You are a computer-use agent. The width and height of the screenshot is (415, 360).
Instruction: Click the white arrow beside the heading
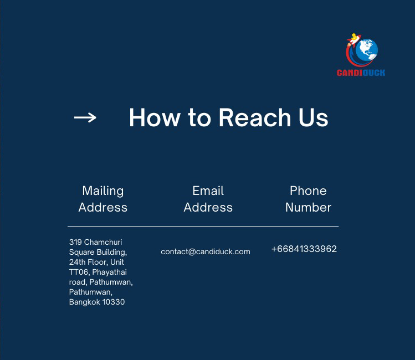(x=85, y=117)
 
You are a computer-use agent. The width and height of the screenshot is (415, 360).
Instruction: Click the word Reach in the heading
(x=255, y=117)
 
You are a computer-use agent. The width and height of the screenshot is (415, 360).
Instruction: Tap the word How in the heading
(x=155, y=117)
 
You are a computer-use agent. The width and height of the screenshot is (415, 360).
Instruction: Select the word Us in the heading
(x=314, y=118)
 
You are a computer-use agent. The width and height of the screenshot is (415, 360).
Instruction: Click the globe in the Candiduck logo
(x=367, y=50)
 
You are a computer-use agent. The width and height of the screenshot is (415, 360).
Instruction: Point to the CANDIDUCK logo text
(x=361, y=73)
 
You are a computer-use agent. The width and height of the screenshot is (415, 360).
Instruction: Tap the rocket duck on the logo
(x=353, y=40)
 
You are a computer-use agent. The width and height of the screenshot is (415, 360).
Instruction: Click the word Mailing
(x=103, y=191)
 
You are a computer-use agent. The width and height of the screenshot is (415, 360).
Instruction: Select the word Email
(x=208, y=191)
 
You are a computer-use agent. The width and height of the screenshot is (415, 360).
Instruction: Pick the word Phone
(x=308, y=191)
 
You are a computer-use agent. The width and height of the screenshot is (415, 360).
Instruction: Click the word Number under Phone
(x=308, y=207)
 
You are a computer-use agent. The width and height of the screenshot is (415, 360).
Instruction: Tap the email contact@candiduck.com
(x=206, y=251)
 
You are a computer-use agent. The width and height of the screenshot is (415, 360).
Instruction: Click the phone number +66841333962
(x=304, y=249)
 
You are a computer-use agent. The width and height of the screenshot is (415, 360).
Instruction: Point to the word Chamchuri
(x=103, y=242)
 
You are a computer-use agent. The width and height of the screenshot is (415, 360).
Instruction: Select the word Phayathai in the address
(x=110, y=272)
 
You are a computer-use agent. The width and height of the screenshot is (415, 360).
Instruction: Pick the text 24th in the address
(x=77, y=262)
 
